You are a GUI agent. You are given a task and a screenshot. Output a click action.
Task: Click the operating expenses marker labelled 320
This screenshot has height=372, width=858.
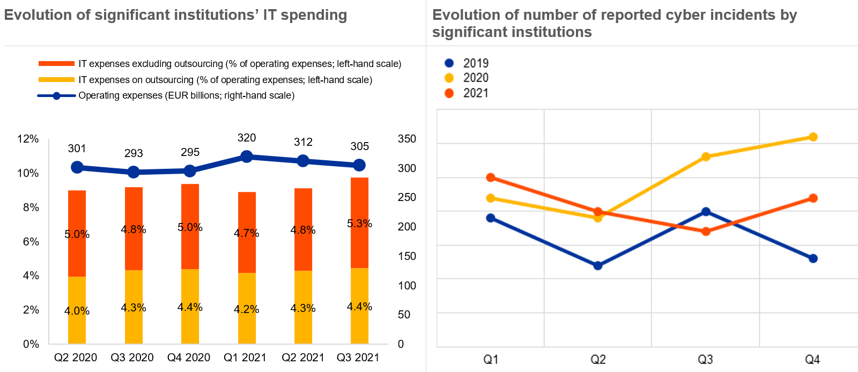[247, 157]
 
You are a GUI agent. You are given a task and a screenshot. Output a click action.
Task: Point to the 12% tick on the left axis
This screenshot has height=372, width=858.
[28, 139]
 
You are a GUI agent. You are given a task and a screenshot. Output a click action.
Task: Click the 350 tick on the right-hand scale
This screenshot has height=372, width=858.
[407, 139]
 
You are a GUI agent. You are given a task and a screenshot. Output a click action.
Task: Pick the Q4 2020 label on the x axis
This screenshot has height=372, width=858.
[189, 358]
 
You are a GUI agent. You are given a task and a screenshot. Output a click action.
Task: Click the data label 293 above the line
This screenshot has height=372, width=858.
[134, 153]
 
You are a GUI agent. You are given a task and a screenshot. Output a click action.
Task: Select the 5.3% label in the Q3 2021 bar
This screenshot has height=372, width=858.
[359, 224]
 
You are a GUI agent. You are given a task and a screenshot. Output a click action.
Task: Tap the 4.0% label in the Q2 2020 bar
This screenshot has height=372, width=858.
[77, 311]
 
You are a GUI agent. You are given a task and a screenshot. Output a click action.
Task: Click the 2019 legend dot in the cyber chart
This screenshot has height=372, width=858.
[449, 63]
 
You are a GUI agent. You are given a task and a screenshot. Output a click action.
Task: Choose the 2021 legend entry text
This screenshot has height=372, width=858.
[476, 93]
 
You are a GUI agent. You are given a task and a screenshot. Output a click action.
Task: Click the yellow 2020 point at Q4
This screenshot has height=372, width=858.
[813, 137]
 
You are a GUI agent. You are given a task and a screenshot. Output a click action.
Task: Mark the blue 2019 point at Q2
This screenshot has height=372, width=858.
[598, 265]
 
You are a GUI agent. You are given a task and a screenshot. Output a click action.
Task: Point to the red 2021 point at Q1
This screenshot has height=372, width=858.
[491, 177]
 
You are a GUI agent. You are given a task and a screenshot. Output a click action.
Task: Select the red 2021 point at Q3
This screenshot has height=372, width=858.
[706, 232]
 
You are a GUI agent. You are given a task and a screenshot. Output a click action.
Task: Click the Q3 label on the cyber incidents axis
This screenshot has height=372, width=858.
[705, 359]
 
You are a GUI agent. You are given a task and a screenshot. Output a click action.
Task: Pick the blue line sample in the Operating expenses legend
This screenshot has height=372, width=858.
[56, 96]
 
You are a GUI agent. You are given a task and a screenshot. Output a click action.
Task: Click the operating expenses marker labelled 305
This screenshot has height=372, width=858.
[359, 165]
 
